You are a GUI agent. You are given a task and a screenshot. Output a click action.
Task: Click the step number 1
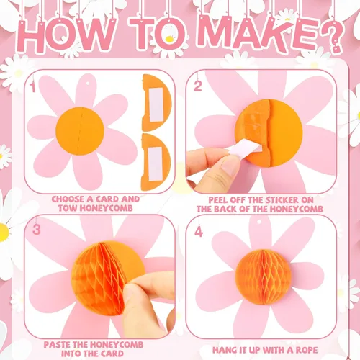tap(33, 86)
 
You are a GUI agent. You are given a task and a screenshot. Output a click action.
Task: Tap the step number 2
tap(197, 86)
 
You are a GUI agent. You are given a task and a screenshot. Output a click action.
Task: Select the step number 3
tap(37, 230)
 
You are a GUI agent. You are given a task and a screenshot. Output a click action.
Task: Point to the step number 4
tap(199, 232)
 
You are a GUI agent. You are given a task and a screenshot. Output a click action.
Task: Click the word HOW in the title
tap(66, 35)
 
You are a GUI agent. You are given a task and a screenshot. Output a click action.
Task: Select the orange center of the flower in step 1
tap(80, 131)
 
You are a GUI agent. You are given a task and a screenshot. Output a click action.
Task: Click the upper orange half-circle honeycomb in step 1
tap(156, 103)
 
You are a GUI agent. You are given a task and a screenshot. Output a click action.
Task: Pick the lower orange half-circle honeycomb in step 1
tap(156, 162)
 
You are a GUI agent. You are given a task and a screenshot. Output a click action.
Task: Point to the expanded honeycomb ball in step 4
tap(264, 276)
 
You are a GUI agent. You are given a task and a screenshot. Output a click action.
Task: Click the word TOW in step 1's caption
tap(68, 208)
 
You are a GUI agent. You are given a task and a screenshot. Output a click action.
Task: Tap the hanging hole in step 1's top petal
tap(87, 84)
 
